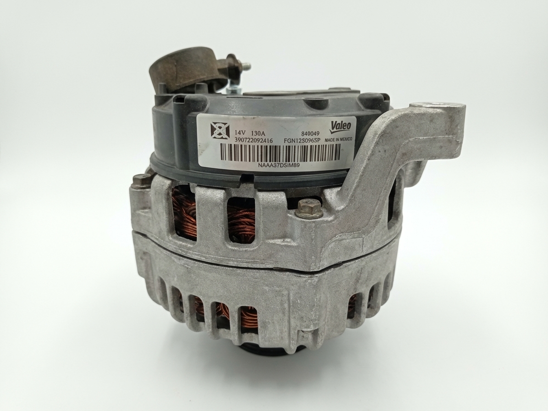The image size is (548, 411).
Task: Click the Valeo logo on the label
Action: tap(342, 126)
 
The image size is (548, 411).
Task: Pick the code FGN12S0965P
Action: tap(302, 140)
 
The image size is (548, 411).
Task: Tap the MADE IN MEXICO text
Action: tap(338, 139)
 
